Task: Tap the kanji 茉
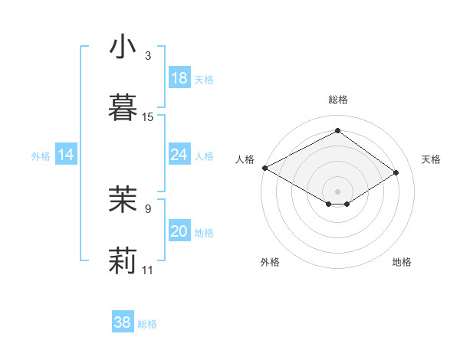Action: (x=123, y=199)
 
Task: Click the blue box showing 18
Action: (x=179, y=78)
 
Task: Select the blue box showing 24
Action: (x=179, y=155)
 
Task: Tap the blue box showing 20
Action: (x=179, y=231)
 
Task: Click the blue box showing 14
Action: (x=66, y=155)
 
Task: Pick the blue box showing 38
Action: (x=123, y=322)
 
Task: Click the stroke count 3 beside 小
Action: (x=148, y=56)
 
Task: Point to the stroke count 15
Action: (x=148, y=117)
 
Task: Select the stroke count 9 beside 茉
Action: (x=148, y=208)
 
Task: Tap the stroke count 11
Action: (x=148, y=270)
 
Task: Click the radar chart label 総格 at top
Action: (x=338, y=100)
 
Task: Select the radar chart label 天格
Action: (x=432, y=159)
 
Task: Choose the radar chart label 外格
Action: (x=270, y=262)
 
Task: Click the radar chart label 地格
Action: (x=402, y=262)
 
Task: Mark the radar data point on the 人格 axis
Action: (x=264, y=168)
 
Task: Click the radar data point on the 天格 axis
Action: (x=396, y=173)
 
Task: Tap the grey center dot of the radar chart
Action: (x=338, y=190)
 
